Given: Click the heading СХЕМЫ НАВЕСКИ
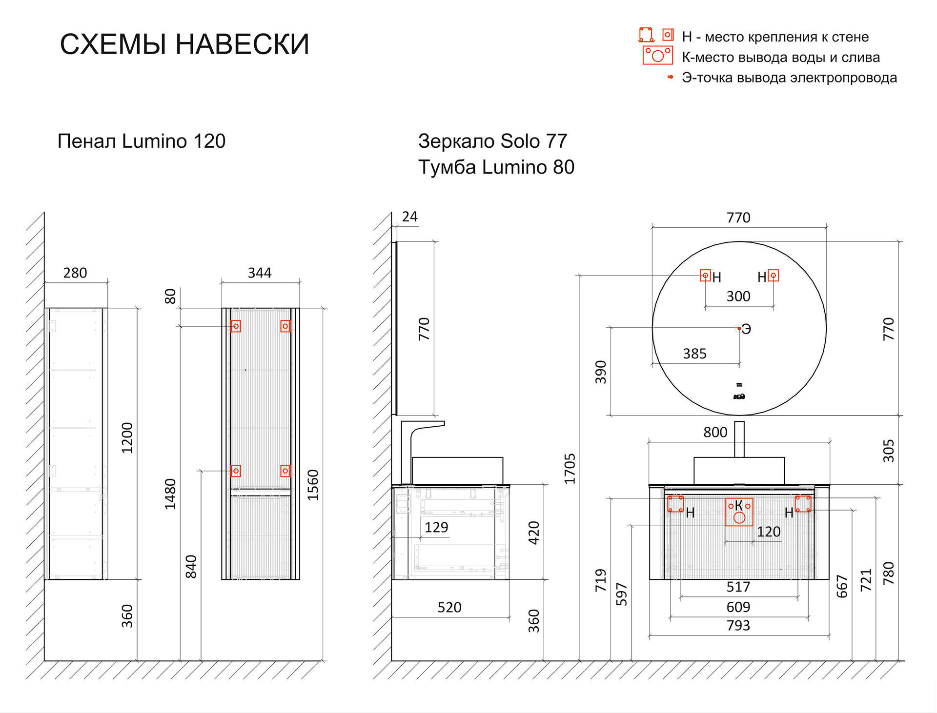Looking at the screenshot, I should click(184, 44).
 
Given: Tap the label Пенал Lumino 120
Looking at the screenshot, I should click(142, 141).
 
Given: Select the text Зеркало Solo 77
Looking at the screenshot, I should click(492, 141).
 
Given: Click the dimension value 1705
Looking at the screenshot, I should click(570, 469).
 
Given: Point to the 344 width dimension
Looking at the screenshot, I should click(259, 273).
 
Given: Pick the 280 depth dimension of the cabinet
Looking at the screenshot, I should click(75, 273).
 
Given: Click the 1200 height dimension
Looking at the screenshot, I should click(127, 437).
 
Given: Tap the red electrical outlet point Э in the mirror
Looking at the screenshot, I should click(739, 329).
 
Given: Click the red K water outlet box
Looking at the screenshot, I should click(739, 512).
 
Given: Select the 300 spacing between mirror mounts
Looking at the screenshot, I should click(738, 297).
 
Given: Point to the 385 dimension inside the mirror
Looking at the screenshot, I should click(694, 354).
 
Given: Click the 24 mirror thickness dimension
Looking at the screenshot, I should click(409, 217).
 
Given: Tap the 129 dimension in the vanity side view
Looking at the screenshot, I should click(436, 527).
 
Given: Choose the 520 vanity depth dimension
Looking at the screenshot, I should click(449, 607).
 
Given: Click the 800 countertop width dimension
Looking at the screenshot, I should click(715, 432).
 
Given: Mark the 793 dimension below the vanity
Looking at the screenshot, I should click(738, 625).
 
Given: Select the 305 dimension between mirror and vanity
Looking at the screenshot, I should click(888, 451).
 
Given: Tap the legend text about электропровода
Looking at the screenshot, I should click(789, 78).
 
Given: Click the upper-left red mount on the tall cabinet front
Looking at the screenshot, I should click(236, 326).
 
